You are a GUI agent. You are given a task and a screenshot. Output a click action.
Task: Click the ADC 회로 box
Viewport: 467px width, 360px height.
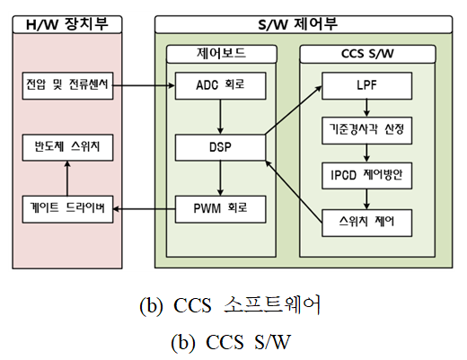[x=220, y=85]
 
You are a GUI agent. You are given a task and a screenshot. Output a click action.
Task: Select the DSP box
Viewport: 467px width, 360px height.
[x=220, y=147]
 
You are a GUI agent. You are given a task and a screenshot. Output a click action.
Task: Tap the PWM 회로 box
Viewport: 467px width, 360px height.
[x=220, y=209]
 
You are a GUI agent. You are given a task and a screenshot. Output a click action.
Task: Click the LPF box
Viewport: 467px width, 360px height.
[x=366, y=85]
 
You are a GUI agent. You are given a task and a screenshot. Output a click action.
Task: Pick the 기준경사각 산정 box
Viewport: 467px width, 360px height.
[x=366, y=130]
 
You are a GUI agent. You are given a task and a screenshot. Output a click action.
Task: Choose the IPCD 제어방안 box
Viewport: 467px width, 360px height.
[x=366, y=176]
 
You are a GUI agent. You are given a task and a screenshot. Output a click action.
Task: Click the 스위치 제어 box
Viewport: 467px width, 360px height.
[x=366, y=223]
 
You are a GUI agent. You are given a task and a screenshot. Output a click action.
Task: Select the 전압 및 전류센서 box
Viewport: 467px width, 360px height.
[x=67, y=85]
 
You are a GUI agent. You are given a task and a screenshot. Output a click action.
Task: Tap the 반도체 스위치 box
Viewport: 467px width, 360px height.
[x=67, y=147]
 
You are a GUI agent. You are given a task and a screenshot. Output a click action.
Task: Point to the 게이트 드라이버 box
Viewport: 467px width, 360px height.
[x=67, y=209]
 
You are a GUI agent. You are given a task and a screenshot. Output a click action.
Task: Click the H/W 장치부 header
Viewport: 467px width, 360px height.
[x=67, y=24]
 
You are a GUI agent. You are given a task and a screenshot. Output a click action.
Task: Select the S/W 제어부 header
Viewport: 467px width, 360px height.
[x=304, y=24]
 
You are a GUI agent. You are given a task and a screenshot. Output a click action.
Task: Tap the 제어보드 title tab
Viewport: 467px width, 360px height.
[x=222, y=54]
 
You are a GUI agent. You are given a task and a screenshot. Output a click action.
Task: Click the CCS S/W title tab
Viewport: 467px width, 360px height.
[x=367, y=54]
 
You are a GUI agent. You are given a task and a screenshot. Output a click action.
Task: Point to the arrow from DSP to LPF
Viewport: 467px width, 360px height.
[x=294, y=110]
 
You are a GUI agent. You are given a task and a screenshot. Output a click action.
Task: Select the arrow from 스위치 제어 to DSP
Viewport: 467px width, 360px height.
[x=294, y=192]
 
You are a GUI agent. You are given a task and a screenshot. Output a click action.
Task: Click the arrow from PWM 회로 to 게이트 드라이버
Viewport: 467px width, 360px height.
[x=145, y=209]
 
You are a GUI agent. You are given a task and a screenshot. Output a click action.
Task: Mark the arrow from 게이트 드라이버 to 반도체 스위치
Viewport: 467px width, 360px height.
[x=67, y=179]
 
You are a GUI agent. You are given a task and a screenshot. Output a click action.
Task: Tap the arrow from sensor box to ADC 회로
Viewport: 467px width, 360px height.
[x=144, y=85]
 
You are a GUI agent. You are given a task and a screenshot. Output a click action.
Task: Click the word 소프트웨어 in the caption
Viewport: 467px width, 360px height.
[x=272, y=304]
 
